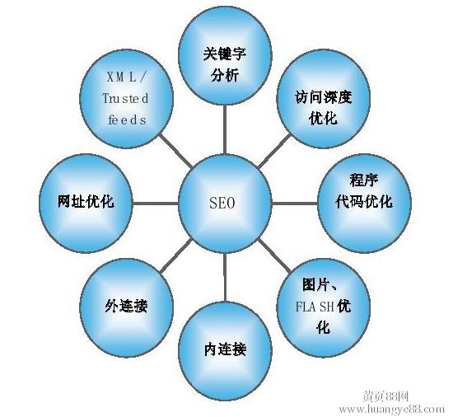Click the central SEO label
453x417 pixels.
tap(222, 203)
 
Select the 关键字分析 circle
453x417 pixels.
tap(225, 57)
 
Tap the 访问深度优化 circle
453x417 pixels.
tap(324, 99)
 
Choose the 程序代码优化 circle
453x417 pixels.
tap(364, 204)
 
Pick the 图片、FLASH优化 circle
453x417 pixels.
tap(324, 307)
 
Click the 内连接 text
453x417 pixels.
tap(225, 349)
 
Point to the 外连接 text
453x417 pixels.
tap(127, 306)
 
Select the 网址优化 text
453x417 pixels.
tap(86, 201)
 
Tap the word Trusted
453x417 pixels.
tap(126, 99)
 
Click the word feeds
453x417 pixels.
tap(127, 119)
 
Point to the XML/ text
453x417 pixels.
tap(127, 77)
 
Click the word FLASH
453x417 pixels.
tap(315, 307)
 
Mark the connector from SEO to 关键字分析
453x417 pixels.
tap(225, 129)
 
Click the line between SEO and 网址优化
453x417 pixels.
tap(156, 204)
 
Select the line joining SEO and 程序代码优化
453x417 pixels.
tap(295, 204)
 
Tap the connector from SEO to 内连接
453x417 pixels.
tap(225, 278)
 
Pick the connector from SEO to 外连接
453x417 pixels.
tap(176, 255)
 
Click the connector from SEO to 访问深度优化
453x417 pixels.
tap(274, 151)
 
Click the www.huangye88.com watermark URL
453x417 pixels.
tap(392, 409)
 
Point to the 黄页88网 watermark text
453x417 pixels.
tap(385, 396)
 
